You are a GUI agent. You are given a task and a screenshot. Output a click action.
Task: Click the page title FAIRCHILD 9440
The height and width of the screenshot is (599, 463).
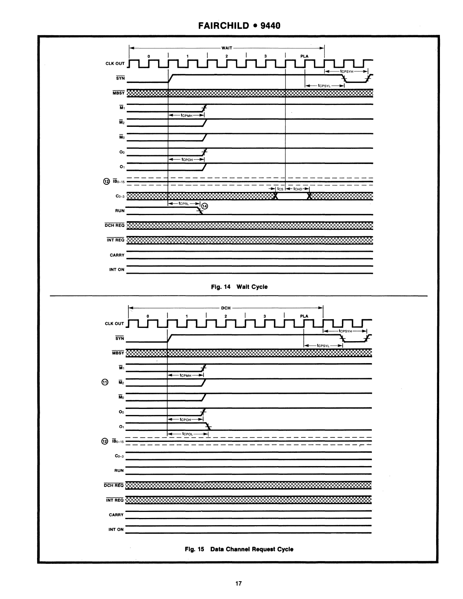[239, 26]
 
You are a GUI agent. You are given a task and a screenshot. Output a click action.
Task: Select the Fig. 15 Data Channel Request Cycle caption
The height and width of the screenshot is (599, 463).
[239, 549]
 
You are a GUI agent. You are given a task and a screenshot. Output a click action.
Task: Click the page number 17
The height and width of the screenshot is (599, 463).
[238, 583]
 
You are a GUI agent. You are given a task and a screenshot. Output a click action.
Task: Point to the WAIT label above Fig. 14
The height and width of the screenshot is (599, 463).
[227, 48]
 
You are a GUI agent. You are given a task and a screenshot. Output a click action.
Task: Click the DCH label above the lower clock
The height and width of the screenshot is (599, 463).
[225, 308]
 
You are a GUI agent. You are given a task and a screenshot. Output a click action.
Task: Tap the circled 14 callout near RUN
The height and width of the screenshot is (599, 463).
[205, 206]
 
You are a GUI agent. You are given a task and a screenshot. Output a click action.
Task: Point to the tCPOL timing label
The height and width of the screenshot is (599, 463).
[188, 434]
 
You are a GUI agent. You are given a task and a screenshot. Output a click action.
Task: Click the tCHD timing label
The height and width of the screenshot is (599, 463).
[298, 189]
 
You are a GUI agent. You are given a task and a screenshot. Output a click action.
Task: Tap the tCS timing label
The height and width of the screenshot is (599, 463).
[280, 189]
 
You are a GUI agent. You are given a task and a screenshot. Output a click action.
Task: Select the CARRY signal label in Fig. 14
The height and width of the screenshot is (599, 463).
[117, 255]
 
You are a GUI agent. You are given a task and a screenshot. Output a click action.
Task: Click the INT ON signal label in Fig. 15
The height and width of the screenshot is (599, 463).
[116, 529]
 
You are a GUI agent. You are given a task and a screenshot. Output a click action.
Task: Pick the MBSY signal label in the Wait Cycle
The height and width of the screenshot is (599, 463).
[118, 93]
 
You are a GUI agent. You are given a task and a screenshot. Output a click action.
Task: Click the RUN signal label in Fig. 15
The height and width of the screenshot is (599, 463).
[119, 471]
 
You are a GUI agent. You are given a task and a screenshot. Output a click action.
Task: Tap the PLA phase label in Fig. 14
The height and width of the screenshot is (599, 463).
[305, 56]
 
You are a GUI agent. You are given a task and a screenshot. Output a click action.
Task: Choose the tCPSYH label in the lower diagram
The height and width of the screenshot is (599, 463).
[345, 331]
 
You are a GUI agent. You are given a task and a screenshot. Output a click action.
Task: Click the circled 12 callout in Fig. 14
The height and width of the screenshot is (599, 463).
[106, 181]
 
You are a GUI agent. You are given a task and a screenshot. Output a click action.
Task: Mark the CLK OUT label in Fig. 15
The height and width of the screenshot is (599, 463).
[114, 324]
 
